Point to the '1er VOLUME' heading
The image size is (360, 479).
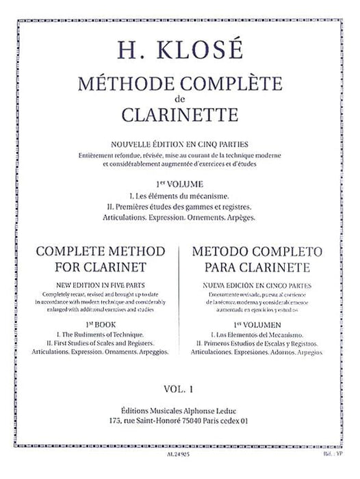181,183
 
